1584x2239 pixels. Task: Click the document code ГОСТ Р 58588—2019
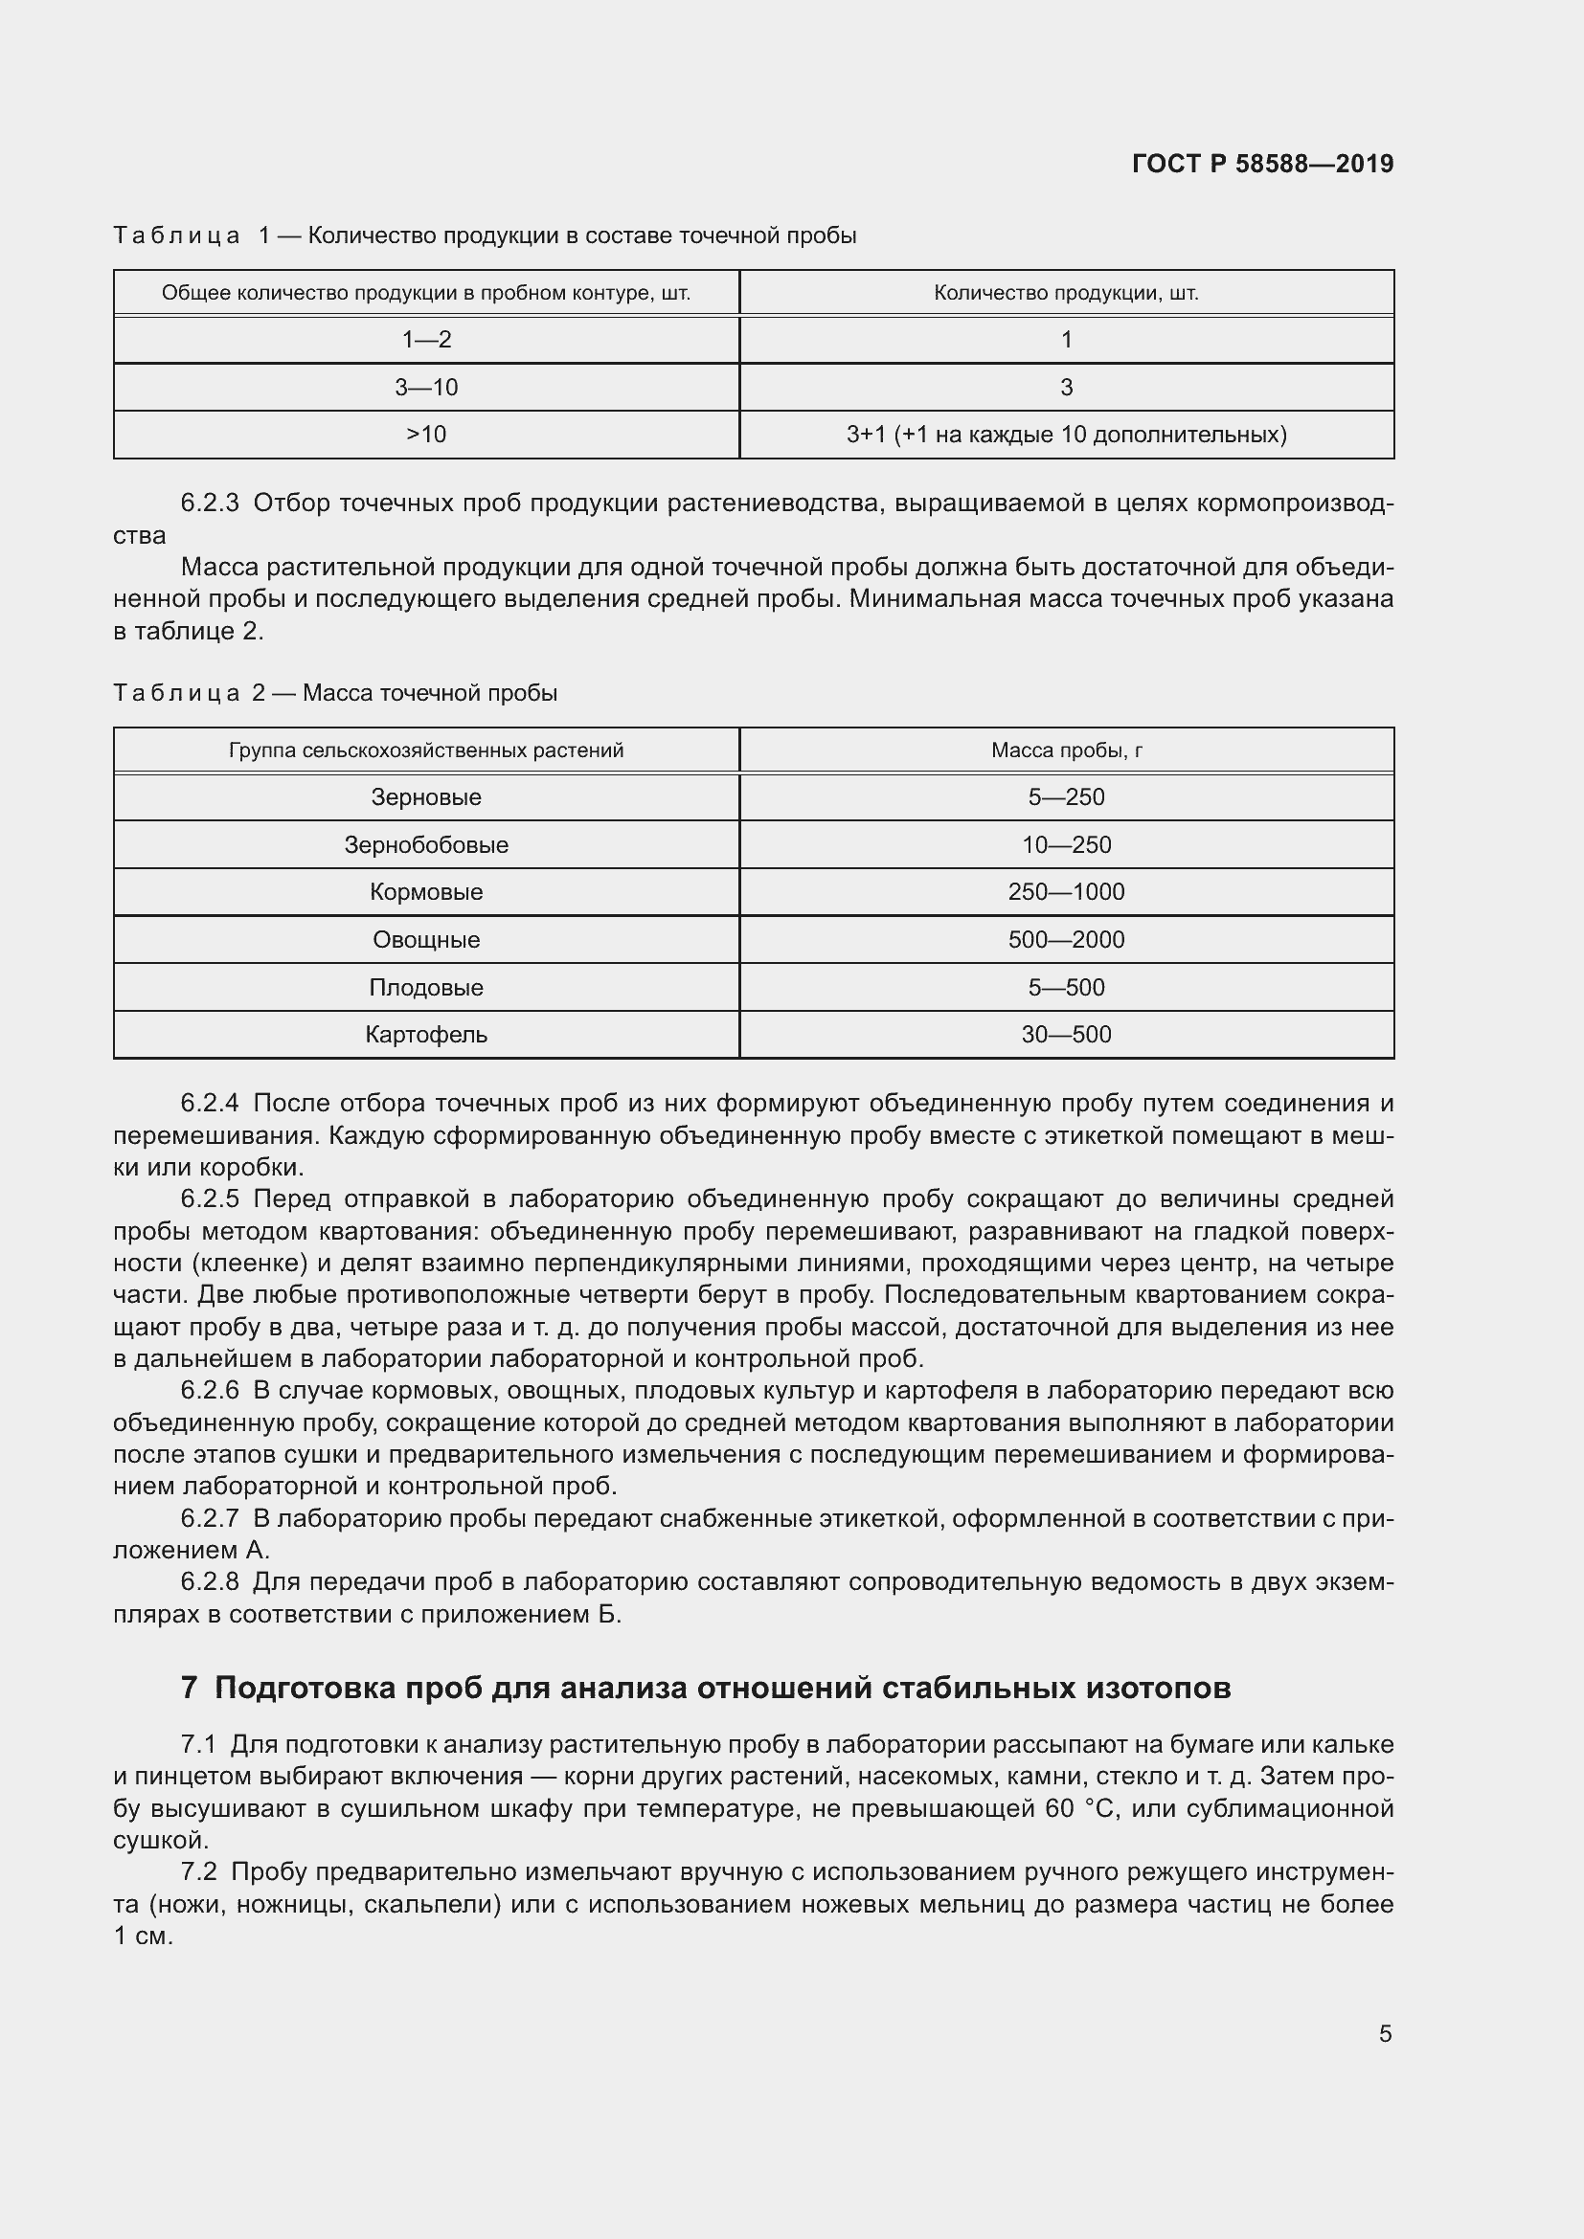pyautogui.click(x=1262, y=164)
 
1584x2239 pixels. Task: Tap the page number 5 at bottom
pyautogui.click(x=1385, y=2033)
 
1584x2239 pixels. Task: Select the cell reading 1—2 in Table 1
pyautogui.click(x=426, y=340)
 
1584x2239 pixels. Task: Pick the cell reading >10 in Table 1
pyautogui.click(x=426, y=434)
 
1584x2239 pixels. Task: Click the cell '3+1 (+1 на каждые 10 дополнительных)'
pyautogui.click(x=1066, y=434)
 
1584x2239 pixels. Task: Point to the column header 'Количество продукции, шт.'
pyautogui.click(x=1066, y=293)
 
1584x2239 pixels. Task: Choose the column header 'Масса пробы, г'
pyautogui.click(x=1066, y=750)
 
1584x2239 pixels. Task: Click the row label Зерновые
pyautogui.click(x=426, y=796)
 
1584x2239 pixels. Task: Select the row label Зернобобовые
pyautogui.click(x=426, y=844)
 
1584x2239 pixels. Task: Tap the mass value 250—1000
pyautogui.click(x=1066, y=891)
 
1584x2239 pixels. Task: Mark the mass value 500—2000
pyautogui.click(x=1066, y=939)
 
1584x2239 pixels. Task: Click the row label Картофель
pyautogui.click(x=426, y=1034)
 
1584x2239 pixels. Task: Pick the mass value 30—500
pyautogui.click(x=1066, y=1034)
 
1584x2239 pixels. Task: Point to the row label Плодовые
pyautogui.click(x=426, y=987)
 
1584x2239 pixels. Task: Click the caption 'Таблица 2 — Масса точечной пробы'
pyautogui.click(x=335, y=693)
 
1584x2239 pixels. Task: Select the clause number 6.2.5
pyautogui.click(x=210, y=1198)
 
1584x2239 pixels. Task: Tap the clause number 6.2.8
pyautogui.click(x=210, y=1580)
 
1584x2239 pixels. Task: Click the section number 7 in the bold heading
pyautogui.click(x=190, y=1688)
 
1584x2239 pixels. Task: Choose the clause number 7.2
pyautogui.click(x=198, y=1871)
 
